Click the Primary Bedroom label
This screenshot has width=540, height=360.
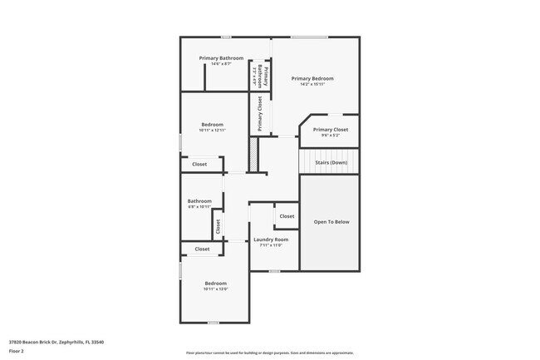click(312, 78)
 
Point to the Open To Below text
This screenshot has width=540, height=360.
click(331, 222)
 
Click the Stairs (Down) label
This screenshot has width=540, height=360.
click(331, 163)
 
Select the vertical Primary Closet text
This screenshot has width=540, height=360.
click(260, 114)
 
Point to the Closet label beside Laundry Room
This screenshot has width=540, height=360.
click(287, 216)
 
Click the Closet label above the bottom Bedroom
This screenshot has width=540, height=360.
click(202, 249)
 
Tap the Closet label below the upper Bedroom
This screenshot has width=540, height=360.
click(199, 164)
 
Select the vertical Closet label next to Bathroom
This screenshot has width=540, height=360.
click(218, 225)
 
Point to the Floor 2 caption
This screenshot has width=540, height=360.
click(17, 351)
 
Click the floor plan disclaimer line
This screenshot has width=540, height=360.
click(269, 353)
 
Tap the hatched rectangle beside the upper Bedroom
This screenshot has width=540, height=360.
click(253, 154)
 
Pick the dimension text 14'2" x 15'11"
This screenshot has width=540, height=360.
click(312, 83)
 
